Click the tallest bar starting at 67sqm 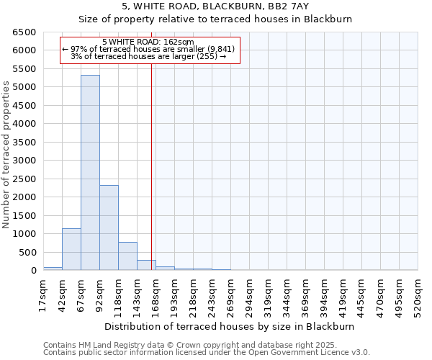tap(90, 173)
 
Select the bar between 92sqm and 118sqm tap(109, 228)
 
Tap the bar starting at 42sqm tap(71, 249)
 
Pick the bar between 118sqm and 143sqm tap(127, 256)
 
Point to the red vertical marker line tap(151, 166)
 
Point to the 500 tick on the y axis tap(27, 252)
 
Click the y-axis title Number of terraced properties tap(6, 155)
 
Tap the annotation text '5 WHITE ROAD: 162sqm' tap(148, 42)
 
